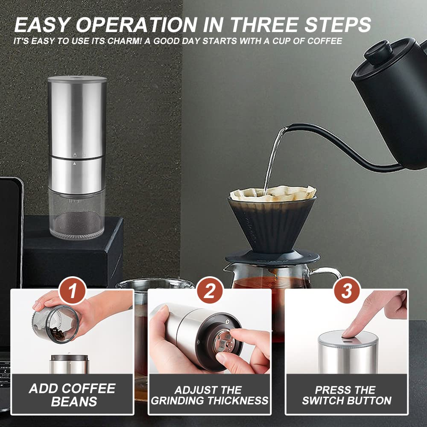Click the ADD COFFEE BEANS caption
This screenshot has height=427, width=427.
[72, 395]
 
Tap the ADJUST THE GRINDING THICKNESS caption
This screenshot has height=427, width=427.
[210, 395]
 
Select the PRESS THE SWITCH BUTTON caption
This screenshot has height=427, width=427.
[347, 395]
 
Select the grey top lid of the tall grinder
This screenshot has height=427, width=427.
[77, 79]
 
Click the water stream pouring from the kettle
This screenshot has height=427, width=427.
[272, 162]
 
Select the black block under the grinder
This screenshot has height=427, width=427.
[73, 256]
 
